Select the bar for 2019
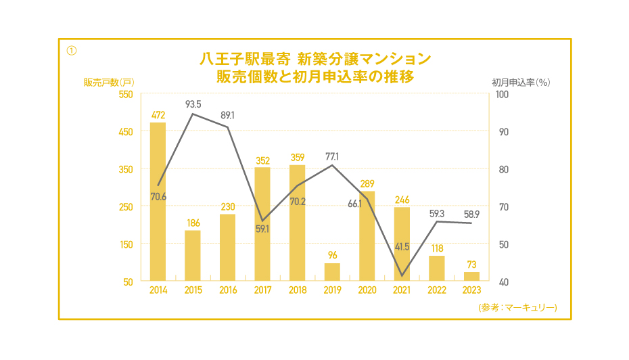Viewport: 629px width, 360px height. click(x=332, y=272)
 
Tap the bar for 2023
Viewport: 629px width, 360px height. click(x=471, y=276)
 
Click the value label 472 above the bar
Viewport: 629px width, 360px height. click(x=158, y=115)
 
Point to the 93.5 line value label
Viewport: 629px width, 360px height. click(x=193, y=104)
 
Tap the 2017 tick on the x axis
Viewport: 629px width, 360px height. click(x=262, y=290)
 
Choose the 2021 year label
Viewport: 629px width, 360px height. click(x=402, y=290)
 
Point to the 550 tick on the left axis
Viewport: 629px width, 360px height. click(x=126, y=94)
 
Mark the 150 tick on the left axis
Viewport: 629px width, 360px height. click(x=126, y=244)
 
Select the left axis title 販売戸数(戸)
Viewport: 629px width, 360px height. click(x=109, y=82)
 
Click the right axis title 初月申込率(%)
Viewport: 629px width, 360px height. click(x=521, y=82)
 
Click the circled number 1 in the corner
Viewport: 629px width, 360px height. click(x=71, y=50)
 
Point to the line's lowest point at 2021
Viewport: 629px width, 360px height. click(x=402, y=275)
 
